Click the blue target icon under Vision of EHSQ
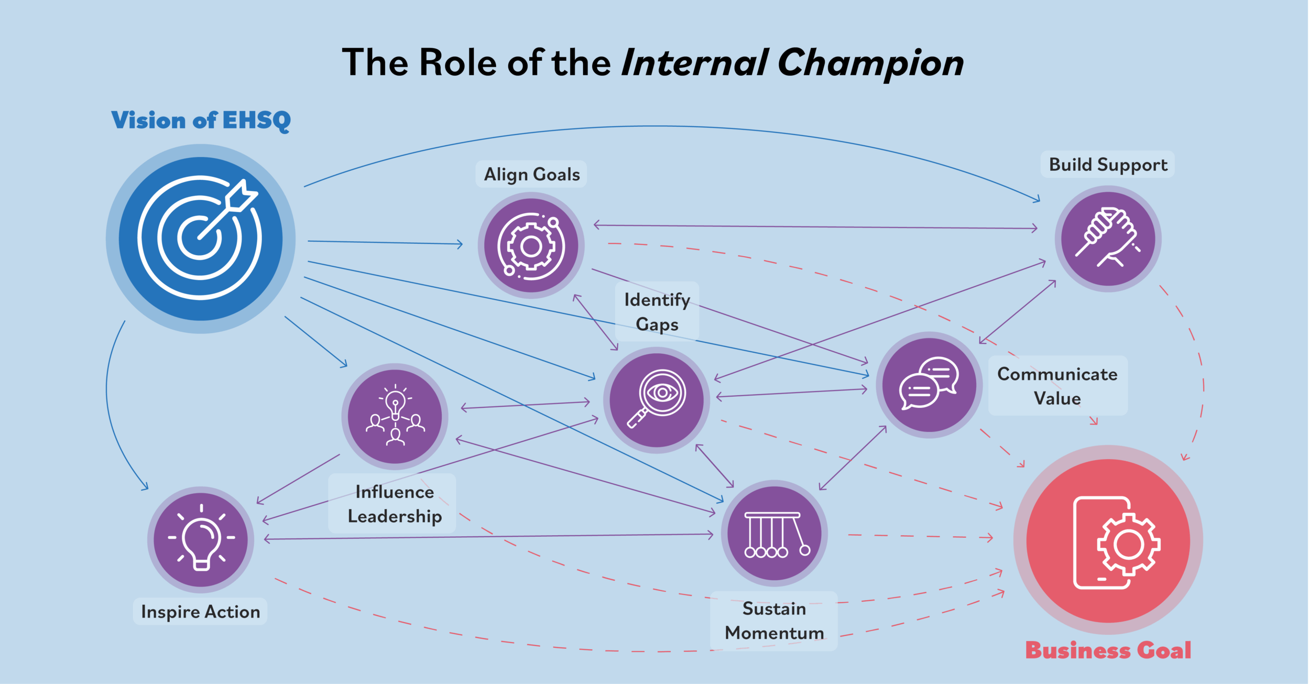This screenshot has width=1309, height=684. pyautogui.click(x=200, y=239)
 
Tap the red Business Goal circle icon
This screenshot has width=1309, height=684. pyautogui.click(x=1108, y=540)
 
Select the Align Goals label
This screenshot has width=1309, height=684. pyautogui.click(x=531, y=174)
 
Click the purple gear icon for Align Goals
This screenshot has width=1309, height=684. pyautogui.click(x=531, y=246)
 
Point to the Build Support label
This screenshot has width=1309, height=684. pyautogui.click(x=1108, y=165)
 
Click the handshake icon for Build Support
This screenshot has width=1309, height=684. pyautogui.click(x=1108, y=239)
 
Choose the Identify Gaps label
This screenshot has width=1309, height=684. pyautogui.click(x=657, y=311)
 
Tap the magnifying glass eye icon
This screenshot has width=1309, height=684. pyautogui.click(x=657, y=400)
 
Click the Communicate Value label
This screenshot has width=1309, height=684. pyautogui.click(x=1057, y=386)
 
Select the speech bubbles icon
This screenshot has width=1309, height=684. pyautogui.click(x=929, y=385)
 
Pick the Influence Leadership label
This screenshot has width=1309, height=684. pyautogui.click(x=394, y=504)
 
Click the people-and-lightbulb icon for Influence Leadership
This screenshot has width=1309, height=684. pyautogui.click(x=395, y=417)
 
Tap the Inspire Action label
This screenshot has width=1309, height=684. pyautogui.click(x=200, y=611)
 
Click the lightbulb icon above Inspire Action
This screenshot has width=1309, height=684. pyautogui.click(x=201, y=539)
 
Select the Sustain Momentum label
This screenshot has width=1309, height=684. pyautogui.click(x=774, y=621)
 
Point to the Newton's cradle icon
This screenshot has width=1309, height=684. pyautogui.click(x=774, y=533)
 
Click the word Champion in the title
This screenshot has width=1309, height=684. pyautogui.click(x=870, y=63)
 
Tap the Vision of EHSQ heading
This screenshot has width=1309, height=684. pyautogui.click(x=201, y=121)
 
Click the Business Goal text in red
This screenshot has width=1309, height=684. pyautogui.click(x=1108, y=650)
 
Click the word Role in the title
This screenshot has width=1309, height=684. pyautogui.click(x=458, y=62)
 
